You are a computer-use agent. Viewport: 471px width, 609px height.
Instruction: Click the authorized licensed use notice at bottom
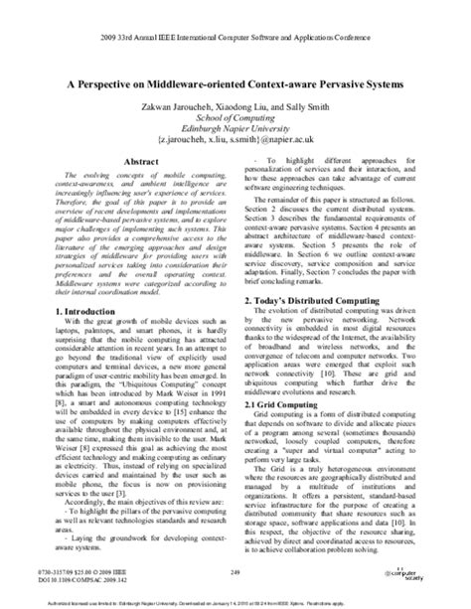pyautogui.click(x=235, y=592)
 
